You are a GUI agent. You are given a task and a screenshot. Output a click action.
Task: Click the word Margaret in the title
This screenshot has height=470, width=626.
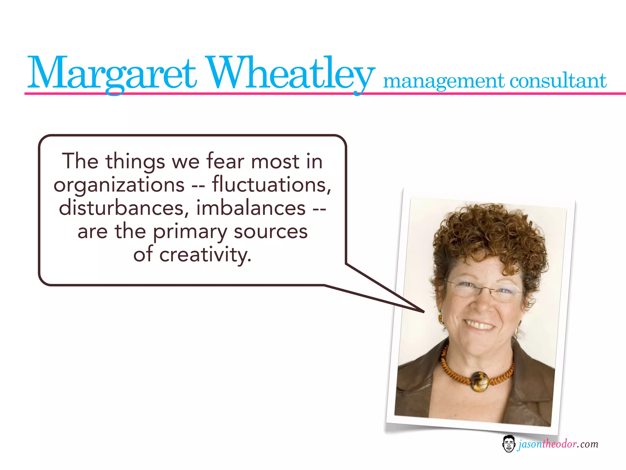click(x=112, y=73)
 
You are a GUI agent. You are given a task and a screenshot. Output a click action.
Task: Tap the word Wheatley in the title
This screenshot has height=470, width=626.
click(x=290, y=73)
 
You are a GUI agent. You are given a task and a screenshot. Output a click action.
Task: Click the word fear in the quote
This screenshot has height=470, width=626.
click(x=226, y=161)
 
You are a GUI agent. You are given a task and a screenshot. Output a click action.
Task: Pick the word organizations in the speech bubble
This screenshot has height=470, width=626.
click(x=119, y=185)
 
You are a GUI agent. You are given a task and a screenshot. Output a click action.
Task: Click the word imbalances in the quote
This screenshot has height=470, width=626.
click(x=251, y=208)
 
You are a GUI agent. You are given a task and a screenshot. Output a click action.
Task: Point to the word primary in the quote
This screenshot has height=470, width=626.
click(x=190, y=232)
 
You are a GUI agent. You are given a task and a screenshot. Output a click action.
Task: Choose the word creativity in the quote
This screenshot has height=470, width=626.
click(x=205, y=255)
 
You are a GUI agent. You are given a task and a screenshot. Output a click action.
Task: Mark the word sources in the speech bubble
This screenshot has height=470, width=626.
click(x=271, y=232)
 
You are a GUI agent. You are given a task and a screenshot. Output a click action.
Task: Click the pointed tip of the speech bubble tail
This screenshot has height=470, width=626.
click(x=424, y=312)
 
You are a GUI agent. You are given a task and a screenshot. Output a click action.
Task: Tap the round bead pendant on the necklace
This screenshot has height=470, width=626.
click(x=479, y=382)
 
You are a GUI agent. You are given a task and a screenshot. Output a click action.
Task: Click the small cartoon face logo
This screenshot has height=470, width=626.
click(x=509, y=444)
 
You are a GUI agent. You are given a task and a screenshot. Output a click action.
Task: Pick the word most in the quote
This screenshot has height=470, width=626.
click(x=275, y=162)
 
